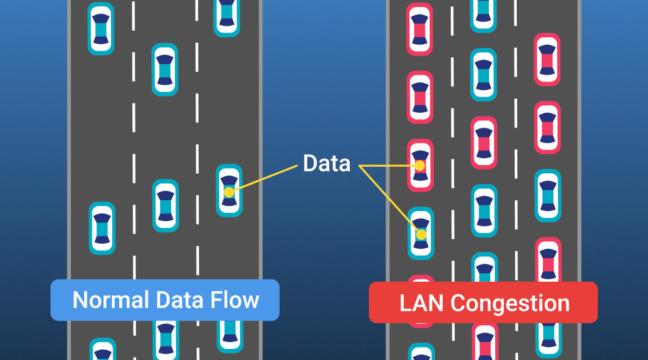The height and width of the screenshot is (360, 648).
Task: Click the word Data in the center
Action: click(326, 163)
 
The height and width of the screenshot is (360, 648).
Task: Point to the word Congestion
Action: click(510, 303)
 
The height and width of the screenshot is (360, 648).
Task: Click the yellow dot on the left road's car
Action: click(229, 192)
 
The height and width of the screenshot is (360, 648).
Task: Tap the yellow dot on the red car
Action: click(420, 166)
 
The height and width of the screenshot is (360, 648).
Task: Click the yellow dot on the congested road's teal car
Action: click(421, 235)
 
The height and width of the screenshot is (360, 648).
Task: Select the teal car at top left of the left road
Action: click(101, 28)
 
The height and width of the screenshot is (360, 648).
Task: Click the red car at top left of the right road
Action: click(420, 29)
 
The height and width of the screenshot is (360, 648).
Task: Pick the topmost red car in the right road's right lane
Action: click(547, 59)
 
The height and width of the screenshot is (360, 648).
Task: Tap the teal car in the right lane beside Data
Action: click(548, 195)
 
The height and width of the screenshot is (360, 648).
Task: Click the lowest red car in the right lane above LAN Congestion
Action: click(548, 262)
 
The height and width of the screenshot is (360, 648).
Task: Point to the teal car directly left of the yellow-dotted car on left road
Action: click(165, 206)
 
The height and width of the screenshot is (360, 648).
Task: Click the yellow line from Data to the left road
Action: click(265, 178)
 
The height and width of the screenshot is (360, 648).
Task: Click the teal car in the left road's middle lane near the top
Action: click(165, 69)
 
